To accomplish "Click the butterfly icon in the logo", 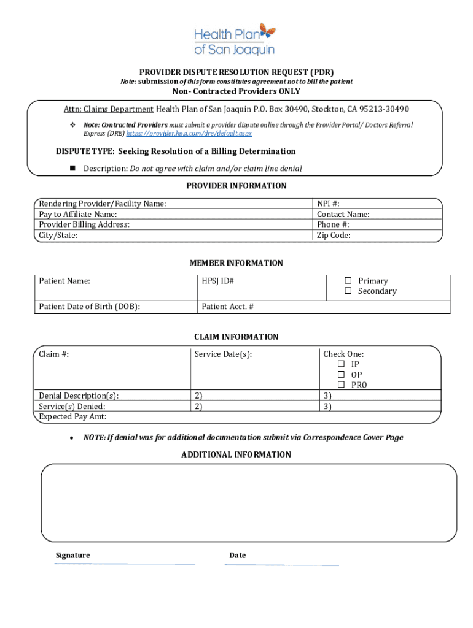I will (267, 31).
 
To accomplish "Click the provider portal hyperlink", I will (189, 133).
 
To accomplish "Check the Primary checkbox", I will (348, 281).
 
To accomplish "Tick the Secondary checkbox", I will (348, 291).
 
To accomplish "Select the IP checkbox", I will (341, 364).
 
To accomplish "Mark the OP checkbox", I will (341, 375).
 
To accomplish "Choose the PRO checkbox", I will (341, 385).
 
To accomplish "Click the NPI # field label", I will (329, 204).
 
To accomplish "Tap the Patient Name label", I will (64, 281).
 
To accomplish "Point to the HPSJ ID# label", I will (218, 281).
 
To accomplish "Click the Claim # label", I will (53, 354).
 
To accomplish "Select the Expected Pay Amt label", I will (72, 417).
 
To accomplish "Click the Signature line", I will (125, 564).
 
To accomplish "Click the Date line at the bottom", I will (281, 564).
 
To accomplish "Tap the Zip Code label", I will (334, 235).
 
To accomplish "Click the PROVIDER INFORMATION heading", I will (237, 186).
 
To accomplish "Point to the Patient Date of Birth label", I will (89, 307).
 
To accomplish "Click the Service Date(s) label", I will (223, 354).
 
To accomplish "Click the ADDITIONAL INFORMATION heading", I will (236, 454).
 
